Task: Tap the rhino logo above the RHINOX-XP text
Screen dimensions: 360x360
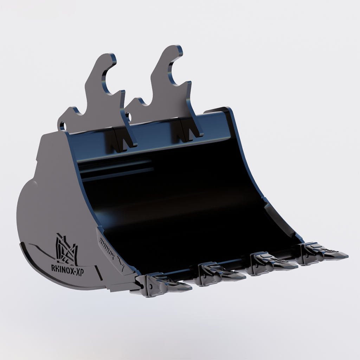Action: pos(66,250)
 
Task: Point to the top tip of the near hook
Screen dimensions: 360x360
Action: pos(112,56)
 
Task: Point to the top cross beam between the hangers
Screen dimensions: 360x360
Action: pos(155,134)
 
